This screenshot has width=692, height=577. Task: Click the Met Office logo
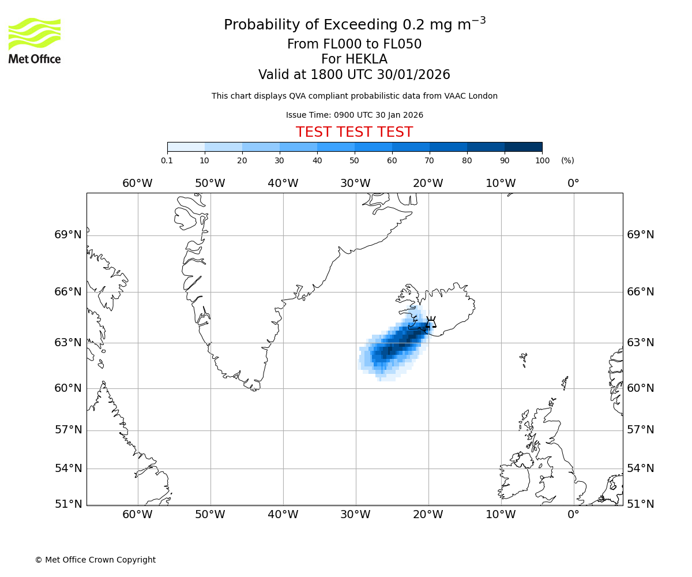35,40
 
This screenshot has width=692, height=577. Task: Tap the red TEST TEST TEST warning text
354,132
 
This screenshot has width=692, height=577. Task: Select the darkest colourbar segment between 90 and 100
523,147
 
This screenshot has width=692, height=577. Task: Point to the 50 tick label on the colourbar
354,160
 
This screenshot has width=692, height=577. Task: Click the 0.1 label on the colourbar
167,160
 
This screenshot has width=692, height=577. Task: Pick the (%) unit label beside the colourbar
567,160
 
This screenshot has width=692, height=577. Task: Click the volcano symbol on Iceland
430,322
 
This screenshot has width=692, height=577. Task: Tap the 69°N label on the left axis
68,235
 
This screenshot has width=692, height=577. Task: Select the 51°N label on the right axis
640,504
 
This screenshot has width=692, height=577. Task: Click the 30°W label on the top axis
355,183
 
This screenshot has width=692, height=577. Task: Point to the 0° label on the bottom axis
573,515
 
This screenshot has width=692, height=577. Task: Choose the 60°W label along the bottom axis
137,515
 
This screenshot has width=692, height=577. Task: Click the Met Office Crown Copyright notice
95,560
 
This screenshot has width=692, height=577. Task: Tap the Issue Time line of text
354,115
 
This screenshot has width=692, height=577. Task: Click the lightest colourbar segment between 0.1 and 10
186,147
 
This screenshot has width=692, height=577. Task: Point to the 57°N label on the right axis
640,430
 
